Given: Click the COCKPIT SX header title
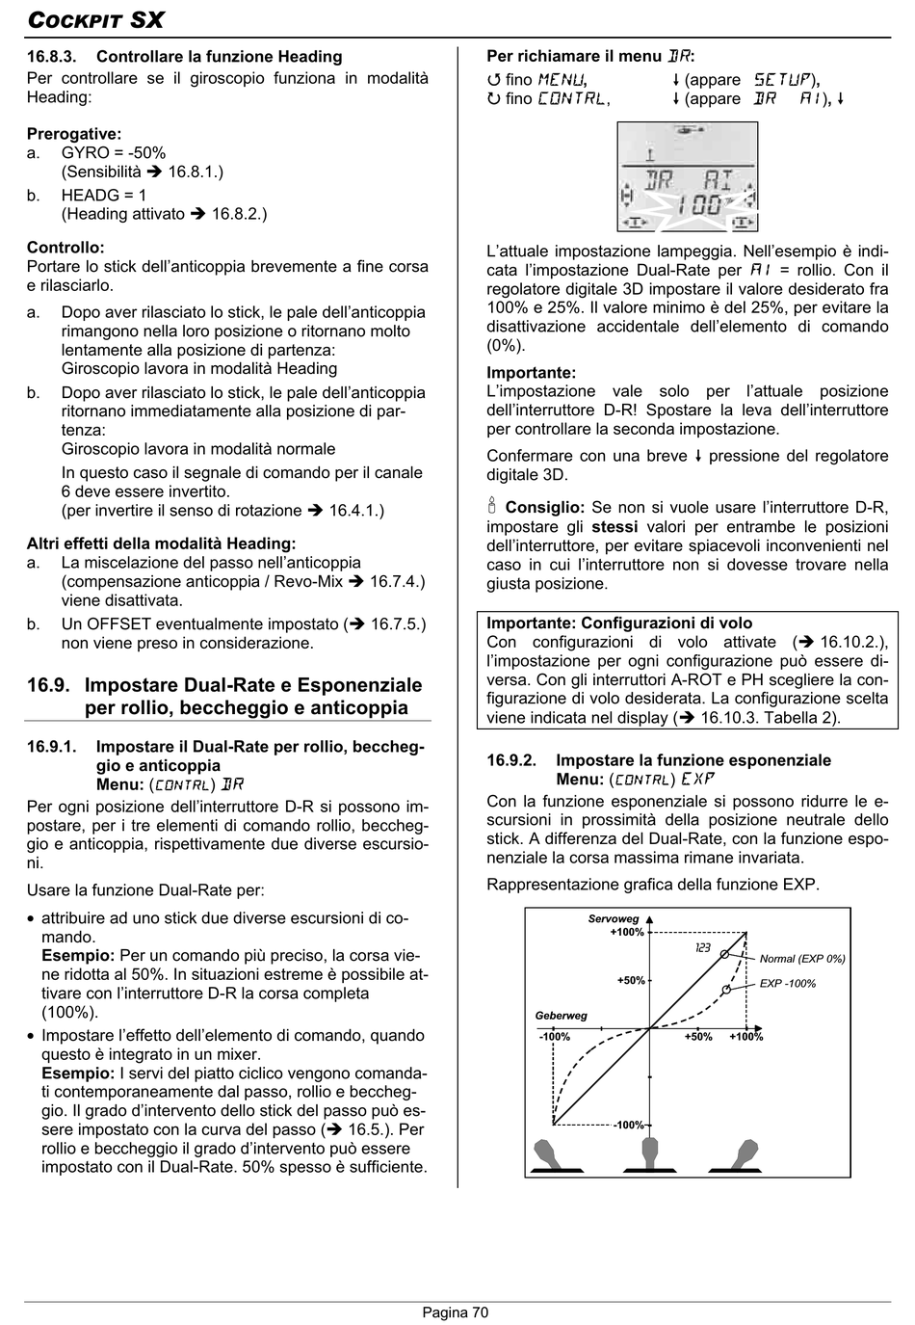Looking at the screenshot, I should pyautogui.click(x=95, y=19).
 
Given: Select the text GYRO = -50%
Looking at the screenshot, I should pyautogui.click(x=114, y=152).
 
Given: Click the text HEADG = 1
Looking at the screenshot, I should pyautogui.click(x=104, y=195).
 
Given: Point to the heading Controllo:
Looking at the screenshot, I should pyautogui.click(x=65, y=248).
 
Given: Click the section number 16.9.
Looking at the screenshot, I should pyautogui.click(x=48, y=685).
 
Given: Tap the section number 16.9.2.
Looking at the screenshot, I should pyautogui.click(x=511, y=760).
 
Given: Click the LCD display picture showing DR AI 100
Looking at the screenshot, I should pyautogui.click(x=687, y=177).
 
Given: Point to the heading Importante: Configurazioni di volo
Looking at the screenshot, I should pyautogui.click(x=619, y=623).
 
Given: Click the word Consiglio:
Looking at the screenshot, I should pyautogui.click(x=544, y=507).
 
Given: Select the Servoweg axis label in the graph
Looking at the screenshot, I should pyautogui.click(x=614, y=919).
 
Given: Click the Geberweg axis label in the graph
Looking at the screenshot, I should pyautogui.click(x=561, y=1016).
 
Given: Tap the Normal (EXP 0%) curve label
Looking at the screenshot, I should pyautogui.click(x=802, y=959).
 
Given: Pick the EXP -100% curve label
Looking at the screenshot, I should pyautogui.click(x=788, y=984).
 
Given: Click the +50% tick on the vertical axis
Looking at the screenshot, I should pyautogui.click(x=631, y=981).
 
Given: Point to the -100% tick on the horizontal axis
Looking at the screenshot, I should pyautogui.click(x=555, y=1037).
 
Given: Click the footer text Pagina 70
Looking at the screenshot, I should pyautogui.click(x=456, y=1312).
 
